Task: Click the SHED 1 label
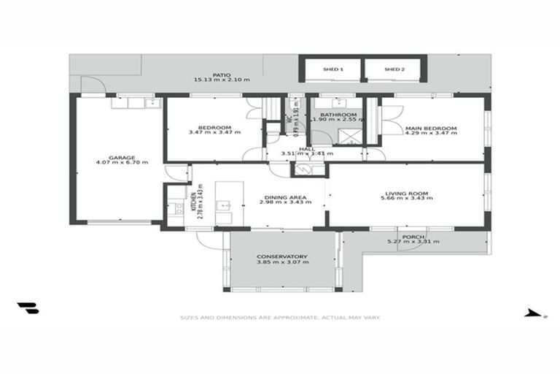[x=332, y=69]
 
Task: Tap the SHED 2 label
[x=394, y=69]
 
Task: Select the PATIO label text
[x=222, y=75]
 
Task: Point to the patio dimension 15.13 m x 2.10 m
[x=222, y=80]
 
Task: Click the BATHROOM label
[x=341, y=115]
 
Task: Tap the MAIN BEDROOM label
[x=430, y=129]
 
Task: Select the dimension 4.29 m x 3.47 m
[x=430, y=134]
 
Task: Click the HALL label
[x=296, y=148]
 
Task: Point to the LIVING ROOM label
[x=406, y=194]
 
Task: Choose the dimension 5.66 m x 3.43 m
[x=406, y=199]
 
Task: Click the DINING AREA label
[x=282, y=196]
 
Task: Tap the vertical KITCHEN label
[x=193, y=196]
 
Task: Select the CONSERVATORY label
[x=282, y=256]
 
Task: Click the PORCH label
[x=413, y=237]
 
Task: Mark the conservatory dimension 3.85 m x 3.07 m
[x=282, y=262]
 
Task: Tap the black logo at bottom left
[x=28, y=308]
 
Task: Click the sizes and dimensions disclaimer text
[x=281, y=318]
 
